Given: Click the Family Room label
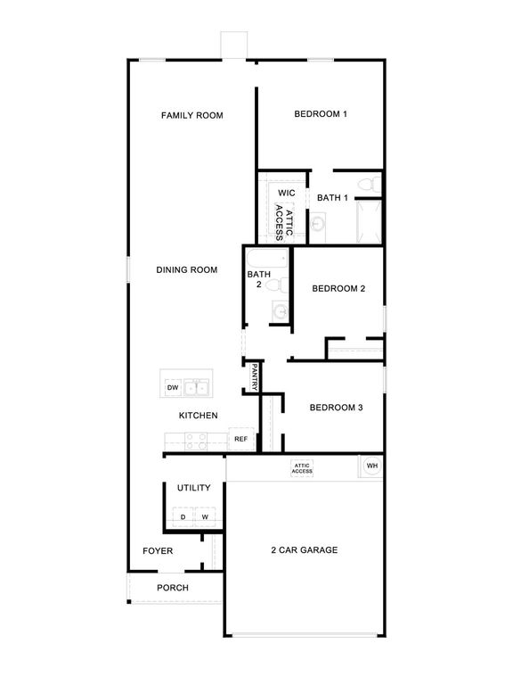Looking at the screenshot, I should pyautogui.click(x=191, y=115).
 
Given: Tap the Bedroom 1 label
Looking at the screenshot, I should pyautogui.click(x=321, y=114).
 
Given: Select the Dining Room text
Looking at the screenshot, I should pyautogui.click(x=187, y=269).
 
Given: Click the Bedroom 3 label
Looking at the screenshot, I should pyautogui.click(x=336, y=408).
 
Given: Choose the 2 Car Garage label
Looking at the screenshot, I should pyautogui.click(x=305, y=550).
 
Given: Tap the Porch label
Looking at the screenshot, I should pyautogui.click(x=173, y=588).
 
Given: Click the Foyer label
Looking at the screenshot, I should pyautogui.click(x=158, y=551).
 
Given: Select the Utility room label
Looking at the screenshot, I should pyautogui.click(x=193, y=488).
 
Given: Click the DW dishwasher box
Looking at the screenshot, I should pyautogui.click(x=173, y=388).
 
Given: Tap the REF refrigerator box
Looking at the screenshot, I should pyautogui.click(x=240, y=440).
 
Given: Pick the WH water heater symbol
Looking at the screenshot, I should pyautogui.click(x=372, y=466).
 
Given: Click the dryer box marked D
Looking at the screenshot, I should pyautogui.click(x=183, y=517).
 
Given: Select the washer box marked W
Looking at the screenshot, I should pyautogui.click(x=205, y=517).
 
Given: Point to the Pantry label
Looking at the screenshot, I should pyautogui.click(x=254, y=377).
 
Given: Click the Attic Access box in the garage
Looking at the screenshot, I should pyautogui.click(x=302, y=468).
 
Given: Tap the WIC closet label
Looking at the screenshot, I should pyautogui.click(x=286, y=193).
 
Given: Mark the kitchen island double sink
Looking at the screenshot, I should pyautogui.click(x=197, y=388).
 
